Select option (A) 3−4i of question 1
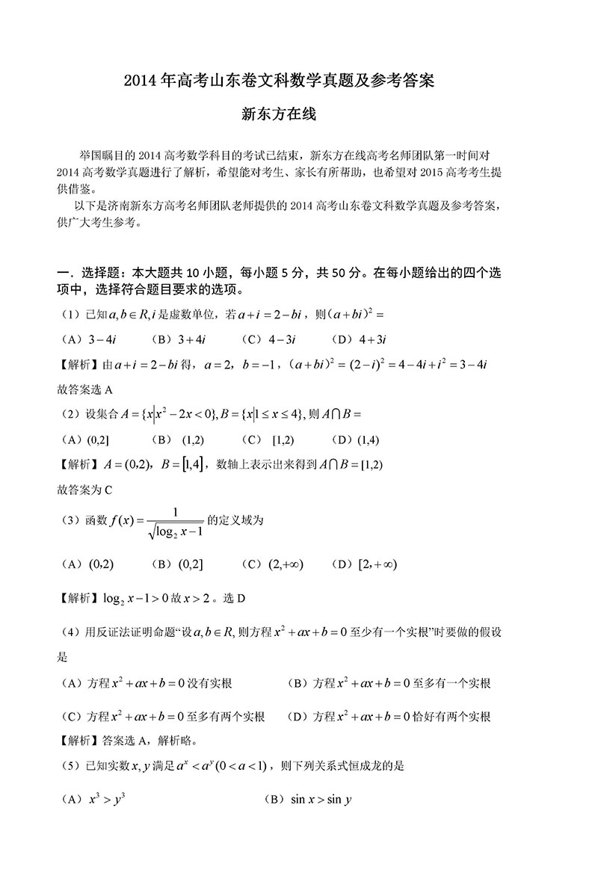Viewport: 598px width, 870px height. coord(87,339)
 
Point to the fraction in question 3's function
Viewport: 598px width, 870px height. coord(176,522)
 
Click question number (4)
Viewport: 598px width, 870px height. coord(70,633)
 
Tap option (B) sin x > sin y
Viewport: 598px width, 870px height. coord(308,800)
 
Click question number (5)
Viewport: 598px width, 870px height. coord(70,765)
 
